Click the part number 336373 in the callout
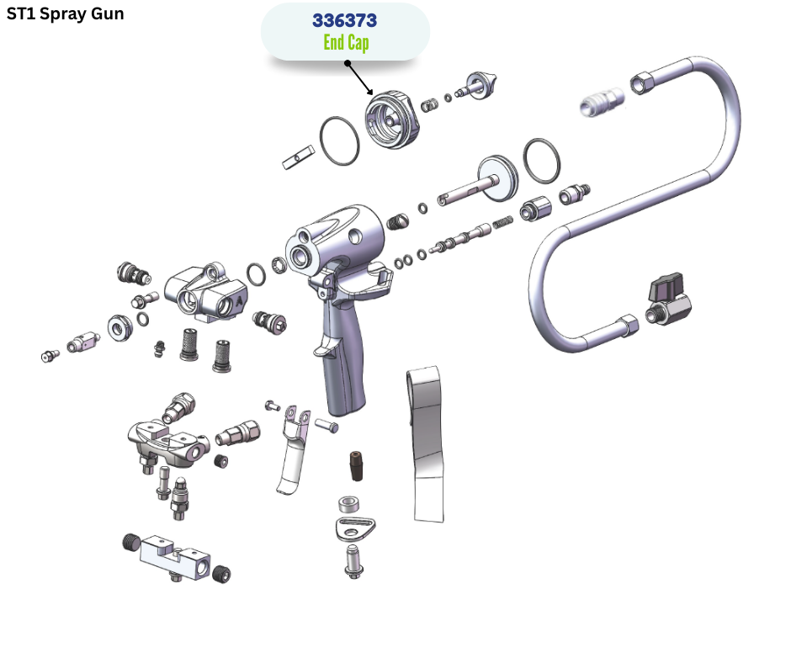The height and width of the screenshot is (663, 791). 344,21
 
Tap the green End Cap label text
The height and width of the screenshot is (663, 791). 346,42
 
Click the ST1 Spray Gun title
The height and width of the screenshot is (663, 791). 65,13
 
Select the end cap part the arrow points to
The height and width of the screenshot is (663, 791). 392,120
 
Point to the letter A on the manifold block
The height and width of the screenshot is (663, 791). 240,301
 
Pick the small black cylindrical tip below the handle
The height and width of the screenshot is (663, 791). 356,466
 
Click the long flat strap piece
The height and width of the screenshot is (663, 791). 427,444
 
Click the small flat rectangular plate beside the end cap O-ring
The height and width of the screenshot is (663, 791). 298,157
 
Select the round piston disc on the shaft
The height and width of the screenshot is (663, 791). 497,178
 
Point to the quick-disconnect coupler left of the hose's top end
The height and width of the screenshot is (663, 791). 602,102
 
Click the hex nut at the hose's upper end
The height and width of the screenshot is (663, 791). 642,82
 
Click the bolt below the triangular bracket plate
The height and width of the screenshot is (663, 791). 354,561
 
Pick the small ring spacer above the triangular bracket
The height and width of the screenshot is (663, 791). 348,504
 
